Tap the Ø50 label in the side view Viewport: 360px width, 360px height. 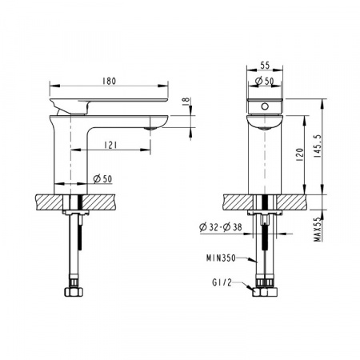(102, 178)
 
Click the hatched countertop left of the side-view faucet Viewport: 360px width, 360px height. (49, 201)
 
